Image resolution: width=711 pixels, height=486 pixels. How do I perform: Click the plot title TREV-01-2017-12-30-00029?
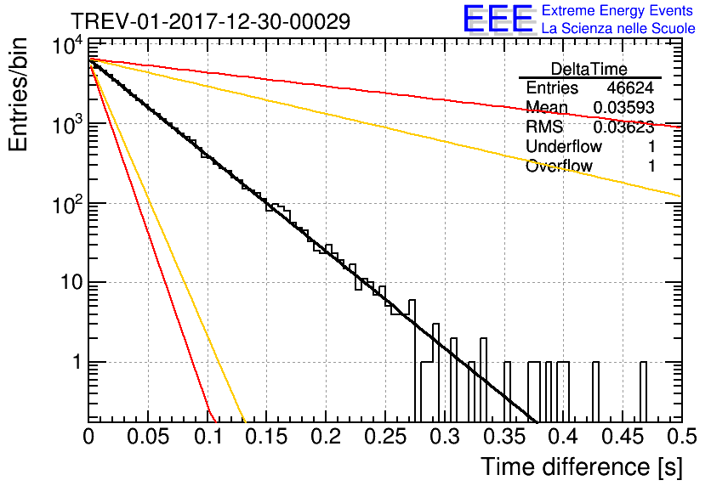click(x=210, y=21)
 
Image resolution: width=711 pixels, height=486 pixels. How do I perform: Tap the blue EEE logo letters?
click(x=498, y=19)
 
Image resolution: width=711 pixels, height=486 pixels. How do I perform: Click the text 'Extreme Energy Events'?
click(x=617, y=10)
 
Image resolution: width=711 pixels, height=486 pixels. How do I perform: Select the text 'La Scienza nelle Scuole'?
click(x=618, y=28)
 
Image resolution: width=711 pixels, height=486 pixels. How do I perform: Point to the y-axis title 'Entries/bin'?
click(x=18, y=94)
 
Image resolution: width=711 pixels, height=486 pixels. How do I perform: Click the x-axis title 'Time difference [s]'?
click(x=582, y=466)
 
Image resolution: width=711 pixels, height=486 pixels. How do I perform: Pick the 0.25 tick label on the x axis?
click(x=385, y=437)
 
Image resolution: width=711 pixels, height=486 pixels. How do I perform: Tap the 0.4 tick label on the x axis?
click(x=563, y=437)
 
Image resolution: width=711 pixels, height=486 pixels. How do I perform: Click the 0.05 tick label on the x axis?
click(x=148, y=437)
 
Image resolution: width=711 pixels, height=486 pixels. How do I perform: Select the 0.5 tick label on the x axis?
click(x=681, y=437)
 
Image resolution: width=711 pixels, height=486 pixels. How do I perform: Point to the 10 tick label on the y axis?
click(x=72, y=283)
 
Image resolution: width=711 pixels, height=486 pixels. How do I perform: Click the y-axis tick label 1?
click(x=77, y=362)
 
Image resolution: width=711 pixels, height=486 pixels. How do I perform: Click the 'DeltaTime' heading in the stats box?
click(x=589, y=69)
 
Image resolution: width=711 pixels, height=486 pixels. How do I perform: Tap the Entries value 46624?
click(x=630, y=88)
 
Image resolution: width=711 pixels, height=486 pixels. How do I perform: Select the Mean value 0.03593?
click(x=624, y=107)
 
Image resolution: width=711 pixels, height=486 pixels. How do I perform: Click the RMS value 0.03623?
click(x=624, y=127)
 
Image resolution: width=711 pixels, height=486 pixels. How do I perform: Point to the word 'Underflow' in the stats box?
click(x=564, y=146)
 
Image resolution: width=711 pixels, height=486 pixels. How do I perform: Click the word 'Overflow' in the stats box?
click(x=559, y=166)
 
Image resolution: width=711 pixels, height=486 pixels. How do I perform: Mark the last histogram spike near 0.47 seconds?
click(x=644, y=392)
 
